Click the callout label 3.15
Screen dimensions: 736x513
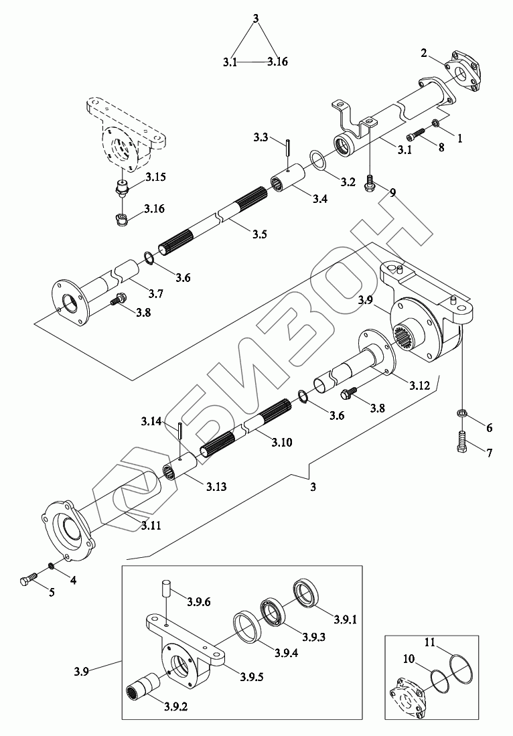click(x=155, y=177)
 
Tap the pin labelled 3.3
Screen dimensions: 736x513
click(x=286, y=146)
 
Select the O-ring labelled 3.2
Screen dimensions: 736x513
click(x=318, y=161)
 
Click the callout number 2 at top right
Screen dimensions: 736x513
click(x=424, y=53)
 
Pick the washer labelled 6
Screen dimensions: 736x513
click(x=462, y=413)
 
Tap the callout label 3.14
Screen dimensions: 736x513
click(x=151, y=421)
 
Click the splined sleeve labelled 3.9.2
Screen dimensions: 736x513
click(x=141, y=686)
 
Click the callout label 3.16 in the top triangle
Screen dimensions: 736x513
click(x=277, y=62)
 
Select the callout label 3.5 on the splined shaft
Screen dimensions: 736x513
click(x=259, y=234)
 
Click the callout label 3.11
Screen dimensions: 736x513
click(x=151, y=526)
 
